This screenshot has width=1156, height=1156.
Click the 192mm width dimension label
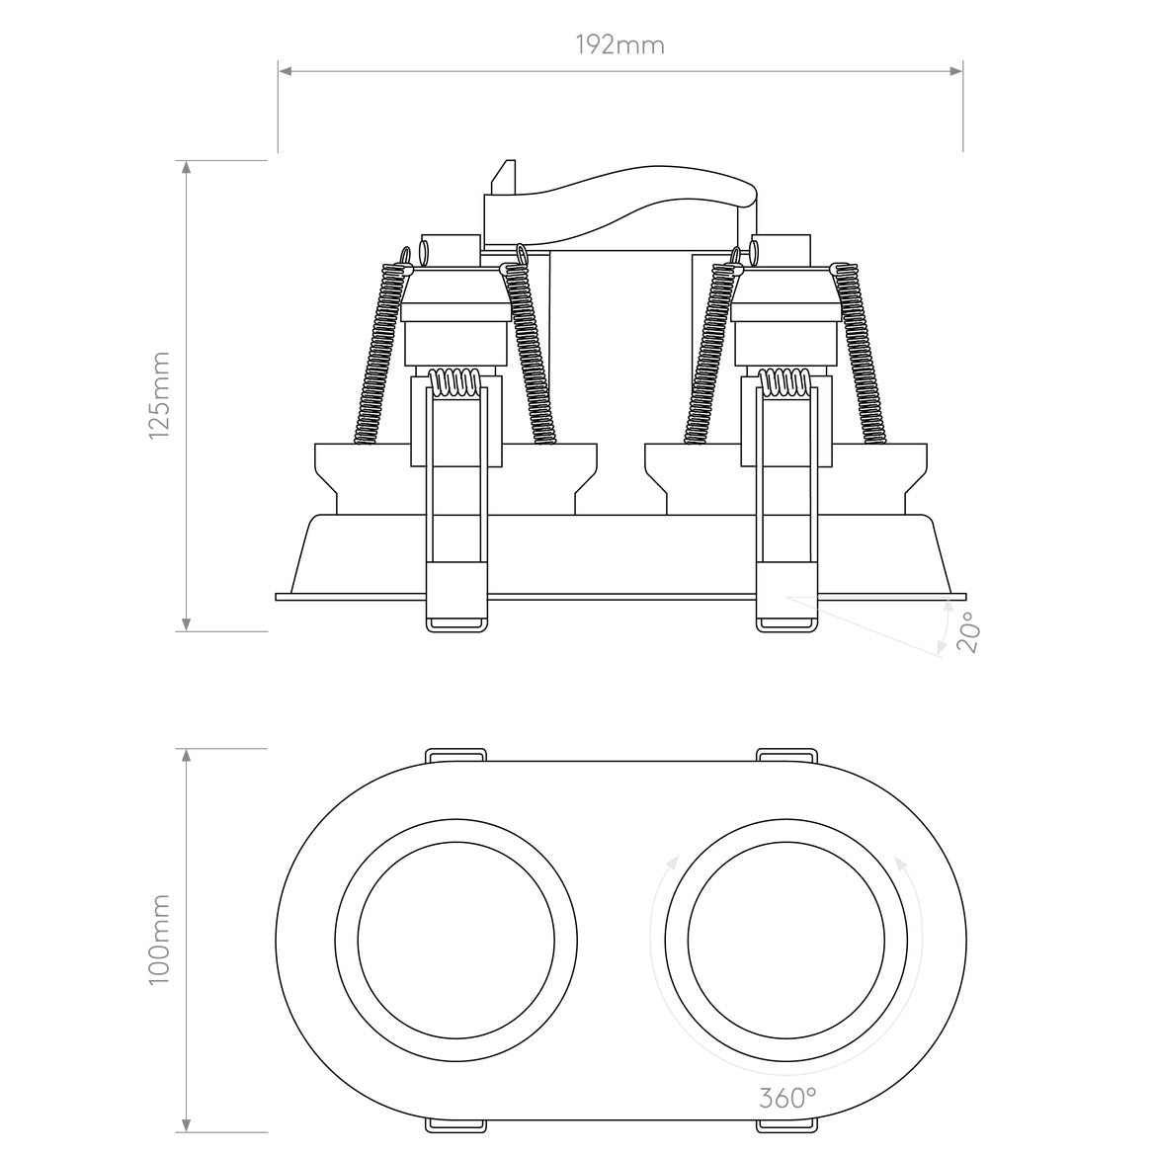pos(620,44)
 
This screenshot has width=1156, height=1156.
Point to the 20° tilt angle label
pos(967,632)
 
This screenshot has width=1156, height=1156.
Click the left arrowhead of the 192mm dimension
pos(285,70)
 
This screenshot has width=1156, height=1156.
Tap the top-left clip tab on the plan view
pos(455,755)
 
